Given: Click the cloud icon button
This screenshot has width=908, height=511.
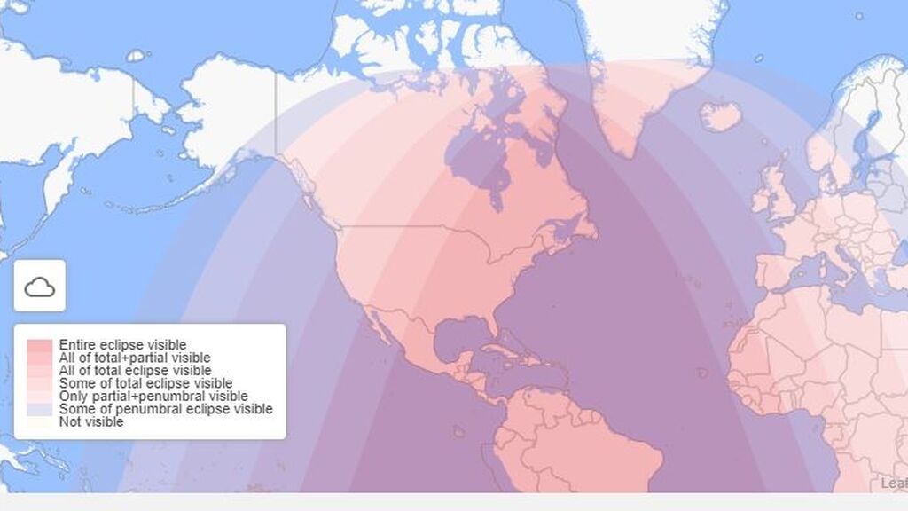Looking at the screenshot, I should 39,286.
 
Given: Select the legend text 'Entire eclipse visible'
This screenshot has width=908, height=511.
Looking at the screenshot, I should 122,344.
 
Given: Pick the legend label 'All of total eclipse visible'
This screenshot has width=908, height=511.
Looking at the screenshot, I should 135,370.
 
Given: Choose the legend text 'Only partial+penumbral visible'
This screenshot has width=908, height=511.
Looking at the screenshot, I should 153,396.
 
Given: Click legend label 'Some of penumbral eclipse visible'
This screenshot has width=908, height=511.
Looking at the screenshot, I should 165,409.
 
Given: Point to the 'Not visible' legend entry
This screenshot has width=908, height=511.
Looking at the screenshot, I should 91,422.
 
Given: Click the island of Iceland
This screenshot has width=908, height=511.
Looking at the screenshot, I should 720,116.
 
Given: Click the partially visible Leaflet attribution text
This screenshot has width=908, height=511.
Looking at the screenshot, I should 894,483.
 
